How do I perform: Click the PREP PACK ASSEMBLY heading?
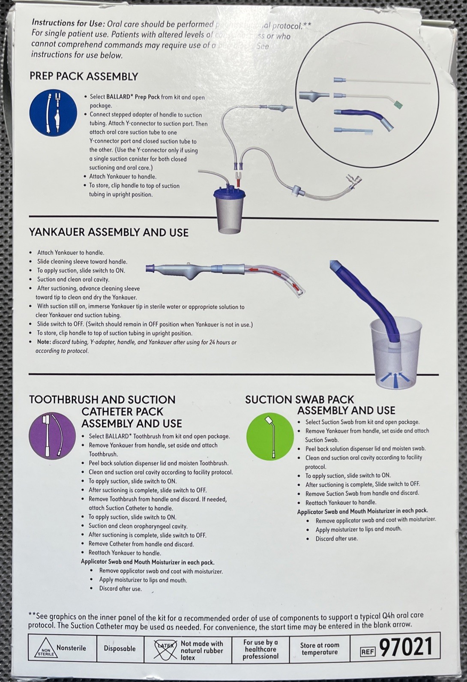84,77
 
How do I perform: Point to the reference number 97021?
406,647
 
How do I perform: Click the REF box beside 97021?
368,652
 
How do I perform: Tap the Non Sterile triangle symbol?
42,649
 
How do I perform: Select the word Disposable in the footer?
120,649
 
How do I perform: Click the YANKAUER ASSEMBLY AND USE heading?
108,233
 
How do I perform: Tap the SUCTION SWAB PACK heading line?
299,400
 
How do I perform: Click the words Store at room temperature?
320,649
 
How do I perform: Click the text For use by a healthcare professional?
260,649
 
